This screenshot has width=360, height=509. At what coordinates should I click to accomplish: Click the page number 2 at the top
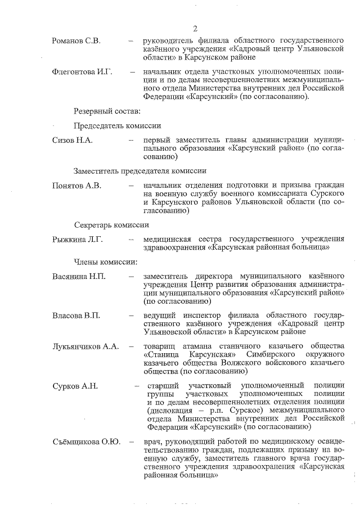click(x=195, y=29)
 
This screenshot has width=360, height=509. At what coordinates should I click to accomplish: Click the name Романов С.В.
click(x=76, y=42)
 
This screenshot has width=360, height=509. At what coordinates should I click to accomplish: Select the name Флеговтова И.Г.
click(x=82, y=73)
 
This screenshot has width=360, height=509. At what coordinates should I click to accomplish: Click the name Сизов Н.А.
click(x=72, y=139)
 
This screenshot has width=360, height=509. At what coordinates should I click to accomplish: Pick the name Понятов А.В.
click(x=76, y=186)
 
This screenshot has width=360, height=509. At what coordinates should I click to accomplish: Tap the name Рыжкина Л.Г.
click(x=77, y=240)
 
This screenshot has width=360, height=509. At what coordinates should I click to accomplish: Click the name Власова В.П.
click(x=76, y=316)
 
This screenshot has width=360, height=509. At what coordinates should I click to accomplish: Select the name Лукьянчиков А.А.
click(x=85, y=346)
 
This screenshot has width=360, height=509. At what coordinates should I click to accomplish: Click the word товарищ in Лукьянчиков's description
click(x=160, y=346)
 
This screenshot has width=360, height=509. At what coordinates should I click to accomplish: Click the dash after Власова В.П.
click(x=130, y=316)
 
